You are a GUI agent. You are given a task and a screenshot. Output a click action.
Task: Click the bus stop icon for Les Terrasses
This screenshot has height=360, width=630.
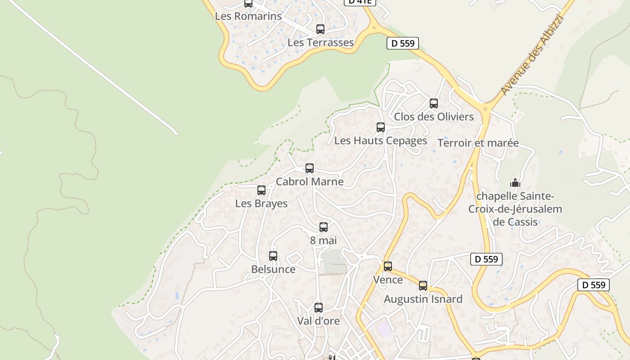[320, 29]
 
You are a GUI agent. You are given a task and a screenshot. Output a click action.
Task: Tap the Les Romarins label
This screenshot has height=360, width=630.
[248, 16]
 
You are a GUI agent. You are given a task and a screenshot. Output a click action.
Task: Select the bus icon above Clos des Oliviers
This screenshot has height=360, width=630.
[433, 103]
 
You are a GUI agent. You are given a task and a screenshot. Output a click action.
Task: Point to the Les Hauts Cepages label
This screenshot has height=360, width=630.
[380, 140]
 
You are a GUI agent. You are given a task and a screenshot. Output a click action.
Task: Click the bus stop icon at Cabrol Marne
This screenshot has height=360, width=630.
[309, 168]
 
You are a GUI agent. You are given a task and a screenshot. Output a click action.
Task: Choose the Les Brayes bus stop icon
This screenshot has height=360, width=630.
[261, 190]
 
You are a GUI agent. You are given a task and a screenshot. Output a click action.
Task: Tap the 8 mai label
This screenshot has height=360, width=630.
[323, 240]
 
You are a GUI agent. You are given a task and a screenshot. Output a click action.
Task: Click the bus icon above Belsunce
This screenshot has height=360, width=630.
[273, 256]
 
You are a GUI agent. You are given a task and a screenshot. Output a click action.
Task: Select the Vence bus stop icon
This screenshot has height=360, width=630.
[387, 266]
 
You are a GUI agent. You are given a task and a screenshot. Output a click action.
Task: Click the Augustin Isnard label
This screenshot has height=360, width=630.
[423, 299]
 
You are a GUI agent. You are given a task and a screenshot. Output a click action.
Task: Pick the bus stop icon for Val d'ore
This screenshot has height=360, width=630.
[318, 308]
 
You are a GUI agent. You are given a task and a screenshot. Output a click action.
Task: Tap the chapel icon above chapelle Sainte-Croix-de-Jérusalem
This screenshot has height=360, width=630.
[515, 183]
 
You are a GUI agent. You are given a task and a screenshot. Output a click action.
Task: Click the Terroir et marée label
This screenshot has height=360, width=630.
[478, 143]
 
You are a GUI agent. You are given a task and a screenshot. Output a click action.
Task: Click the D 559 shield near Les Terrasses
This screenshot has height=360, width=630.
[403, 43]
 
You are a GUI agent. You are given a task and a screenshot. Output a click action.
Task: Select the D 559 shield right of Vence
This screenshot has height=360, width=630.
[486, 259]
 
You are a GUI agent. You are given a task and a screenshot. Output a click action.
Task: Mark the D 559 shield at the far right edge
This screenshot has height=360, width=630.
[593, 285]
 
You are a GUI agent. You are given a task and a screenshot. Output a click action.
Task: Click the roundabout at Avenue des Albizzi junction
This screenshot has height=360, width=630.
[485, 108]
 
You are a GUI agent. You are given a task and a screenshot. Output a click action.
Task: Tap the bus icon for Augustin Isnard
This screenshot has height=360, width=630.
[423, 285]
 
